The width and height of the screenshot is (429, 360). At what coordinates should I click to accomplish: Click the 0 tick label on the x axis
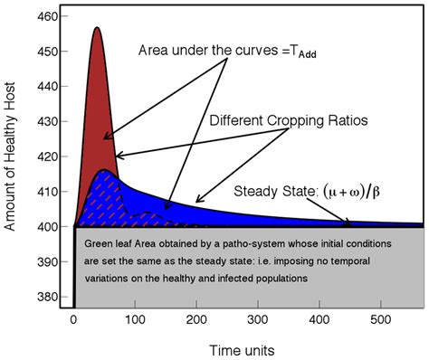73,319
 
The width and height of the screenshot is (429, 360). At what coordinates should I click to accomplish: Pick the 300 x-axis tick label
260,319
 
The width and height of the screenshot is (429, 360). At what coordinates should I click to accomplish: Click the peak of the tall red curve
97,28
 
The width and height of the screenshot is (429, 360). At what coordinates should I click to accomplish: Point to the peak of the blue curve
106,170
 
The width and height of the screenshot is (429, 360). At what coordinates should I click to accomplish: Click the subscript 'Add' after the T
313,53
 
